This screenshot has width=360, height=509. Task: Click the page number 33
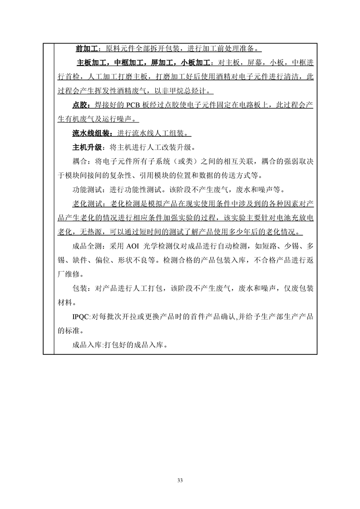coord(180,480)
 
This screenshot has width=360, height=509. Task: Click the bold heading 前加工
coord(85,49)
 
